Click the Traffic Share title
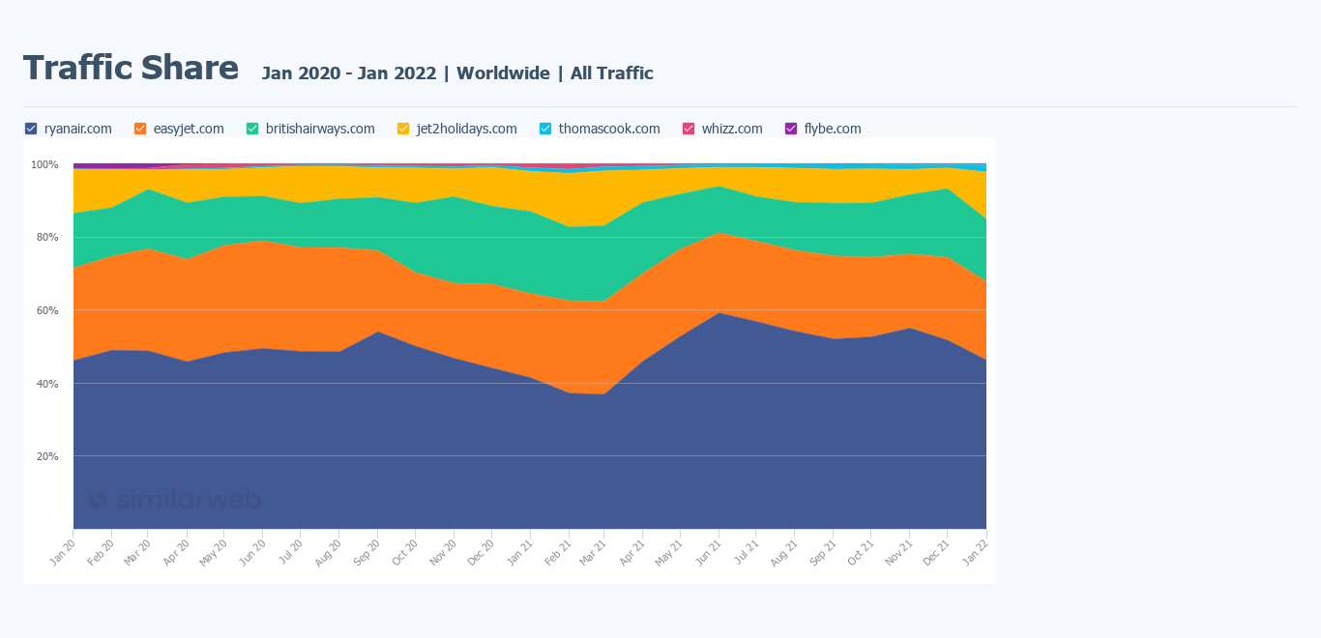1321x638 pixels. point(131,69)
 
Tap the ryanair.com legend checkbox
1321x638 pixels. point(31,129)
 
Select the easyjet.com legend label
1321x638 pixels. point(188,129)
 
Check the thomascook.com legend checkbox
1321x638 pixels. point(545,129)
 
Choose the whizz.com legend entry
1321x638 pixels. point(731,129)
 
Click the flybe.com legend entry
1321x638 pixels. point(832,129)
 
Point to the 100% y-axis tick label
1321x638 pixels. point(44,164)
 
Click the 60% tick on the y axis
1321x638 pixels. point(47,310)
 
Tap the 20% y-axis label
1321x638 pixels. point(47,456)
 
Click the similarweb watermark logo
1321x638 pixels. point(174,500)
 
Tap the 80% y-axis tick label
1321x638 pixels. point(47,238)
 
